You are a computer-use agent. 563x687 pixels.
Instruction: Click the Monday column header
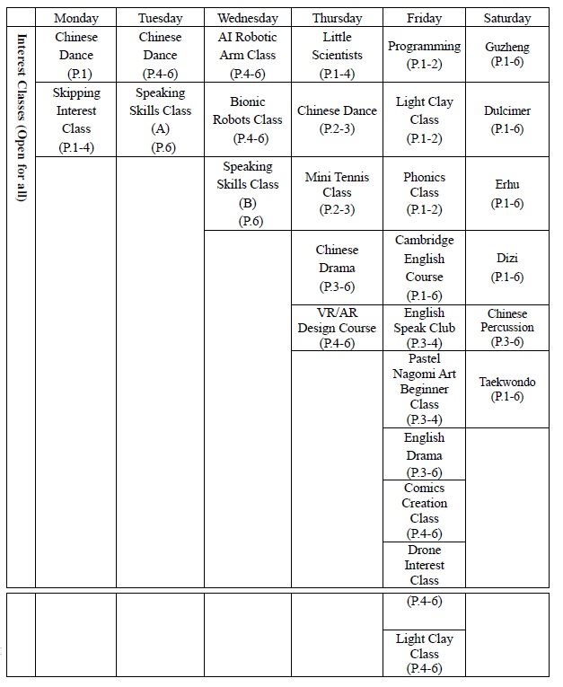75,18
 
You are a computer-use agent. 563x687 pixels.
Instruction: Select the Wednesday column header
248,18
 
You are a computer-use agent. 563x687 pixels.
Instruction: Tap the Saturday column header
506,18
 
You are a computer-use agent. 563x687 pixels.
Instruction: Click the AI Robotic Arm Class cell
248,55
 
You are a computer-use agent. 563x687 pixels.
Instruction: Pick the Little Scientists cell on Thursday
336,55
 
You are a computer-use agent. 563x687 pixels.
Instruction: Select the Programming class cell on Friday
424,55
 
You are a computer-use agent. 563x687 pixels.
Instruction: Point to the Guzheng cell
506,55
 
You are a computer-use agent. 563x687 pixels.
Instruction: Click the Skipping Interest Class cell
75,119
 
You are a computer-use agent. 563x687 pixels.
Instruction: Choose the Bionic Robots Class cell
248,119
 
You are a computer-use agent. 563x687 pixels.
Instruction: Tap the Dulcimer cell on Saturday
506,119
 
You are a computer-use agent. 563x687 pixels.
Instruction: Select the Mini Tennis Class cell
336,193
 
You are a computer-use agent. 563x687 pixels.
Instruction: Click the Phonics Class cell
424,193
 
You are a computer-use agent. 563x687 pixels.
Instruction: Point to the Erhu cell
506,193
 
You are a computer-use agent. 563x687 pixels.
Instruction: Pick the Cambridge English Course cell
424,268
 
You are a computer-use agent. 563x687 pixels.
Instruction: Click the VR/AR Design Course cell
336,328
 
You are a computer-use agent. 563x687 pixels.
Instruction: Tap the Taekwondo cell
506,389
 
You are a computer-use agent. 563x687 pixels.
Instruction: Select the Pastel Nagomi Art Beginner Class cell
424,389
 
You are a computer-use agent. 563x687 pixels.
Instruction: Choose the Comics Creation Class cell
424,510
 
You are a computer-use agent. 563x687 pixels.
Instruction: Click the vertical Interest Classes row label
20,117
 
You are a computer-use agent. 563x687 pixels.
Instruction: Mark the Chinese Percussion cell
506,328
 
